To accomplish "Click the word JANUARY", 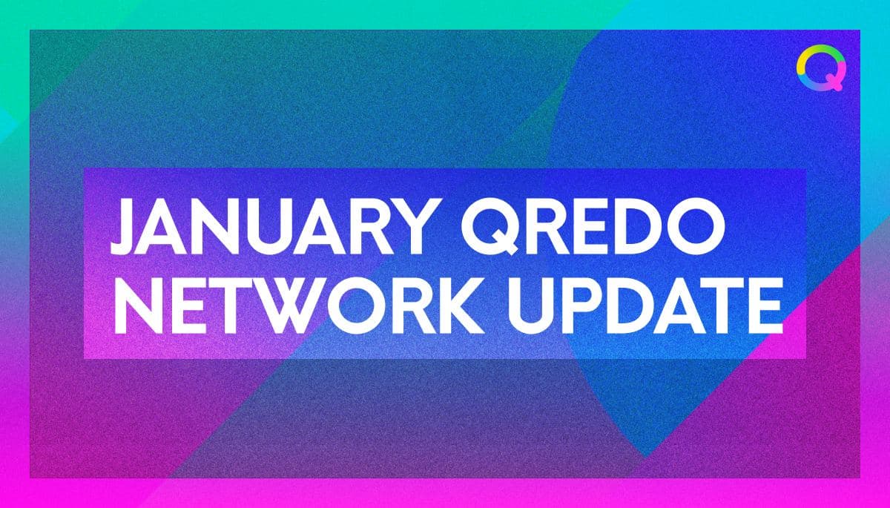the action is click(x=271, y=226).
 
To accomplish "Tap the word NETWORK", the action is click(x=299, y=305).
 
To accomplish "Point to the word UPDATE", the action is click(x=646, y=305).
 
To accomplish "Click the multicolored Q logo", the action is click(x=822, y=68).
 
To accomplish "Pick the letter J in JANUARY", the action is click(x=126, y=226).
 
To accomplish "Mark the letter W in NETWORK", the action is click(x=283, y=305).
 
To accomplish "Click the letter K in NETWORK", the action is click(x=460, y=305).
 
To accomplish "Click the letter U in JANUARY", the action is click(x=268, y=227).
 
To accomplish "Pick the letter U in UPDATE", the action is click(x=532, y=306).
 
